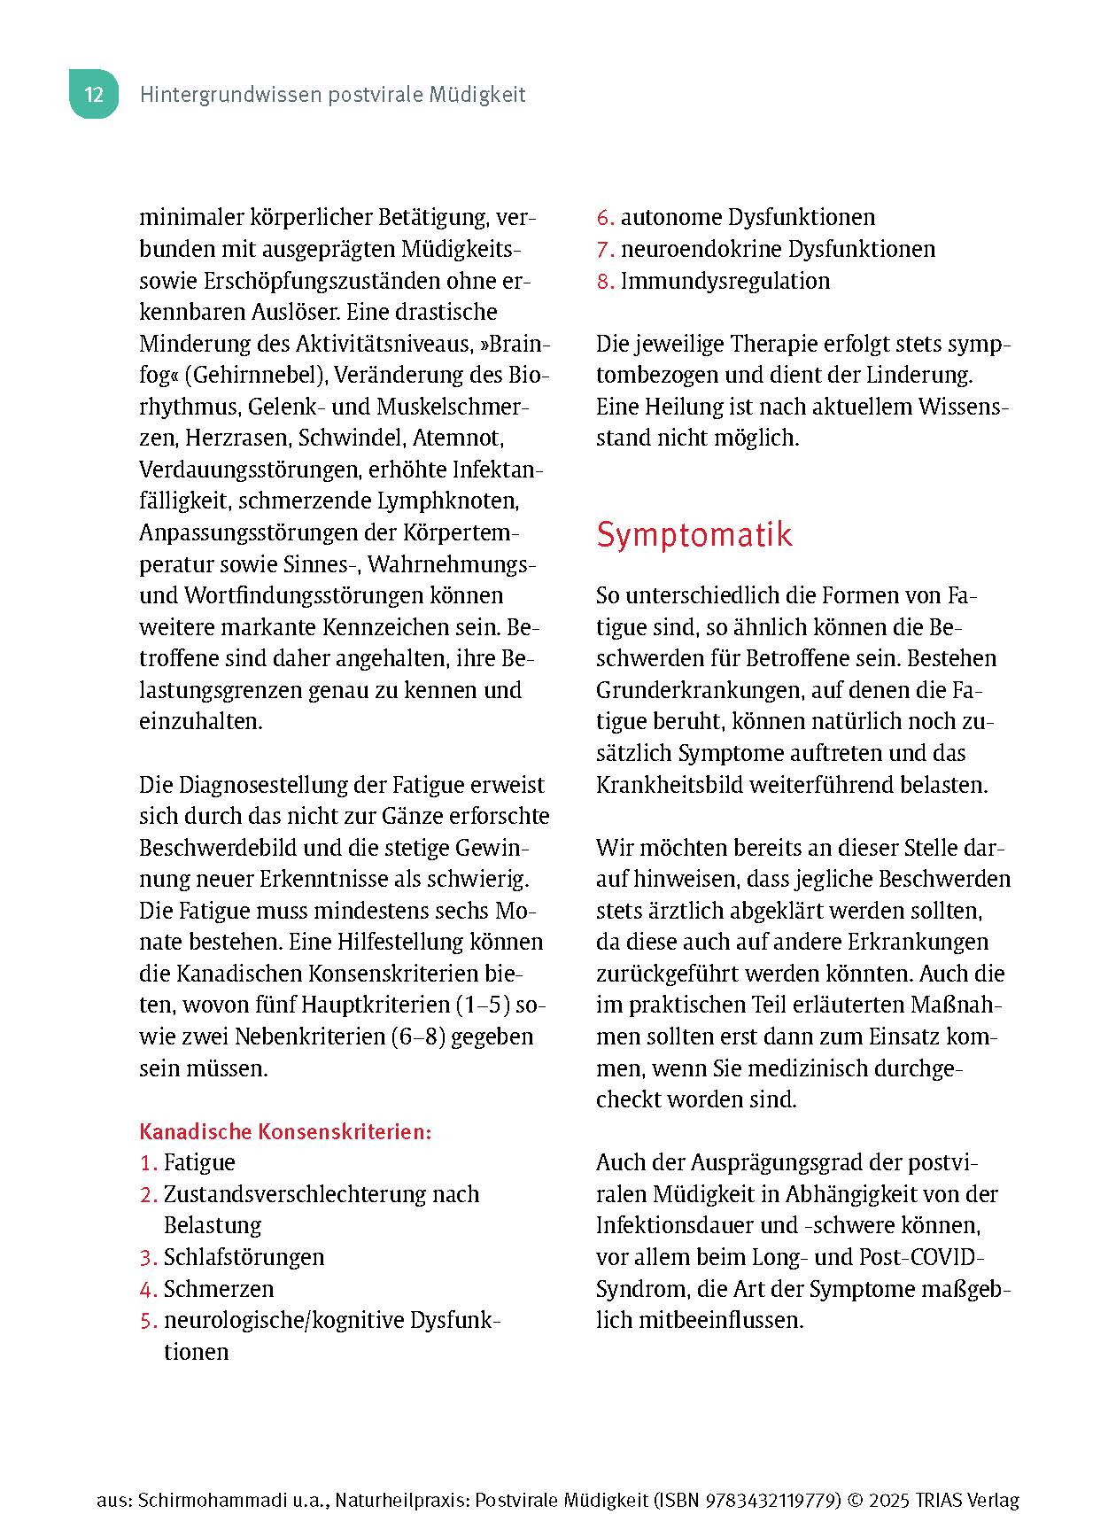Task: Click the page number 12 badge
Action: pyautogui.click(x=94, y=94)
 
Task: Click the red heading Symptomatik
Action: pyautogui.click(x=694, y=534)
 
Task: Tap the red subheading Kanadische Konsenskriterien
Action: pyautogui.click(x=285, y=1131)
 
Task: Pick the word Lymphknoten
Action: pyautogui.click(x=448, y=501)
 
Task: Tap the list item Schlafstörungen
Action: pyautogui.click(x=244, y=1257)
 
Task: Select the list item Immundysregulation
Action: pyautogui.click(x=725, y=281)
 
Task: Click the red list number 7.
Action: pyautogui.click(x=604, y=250)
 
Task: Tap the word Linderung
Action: pyautogui.click(x=918, y=375)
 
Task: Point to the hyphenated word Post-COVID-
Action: pyautogui.click(x=922, y=1257)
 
